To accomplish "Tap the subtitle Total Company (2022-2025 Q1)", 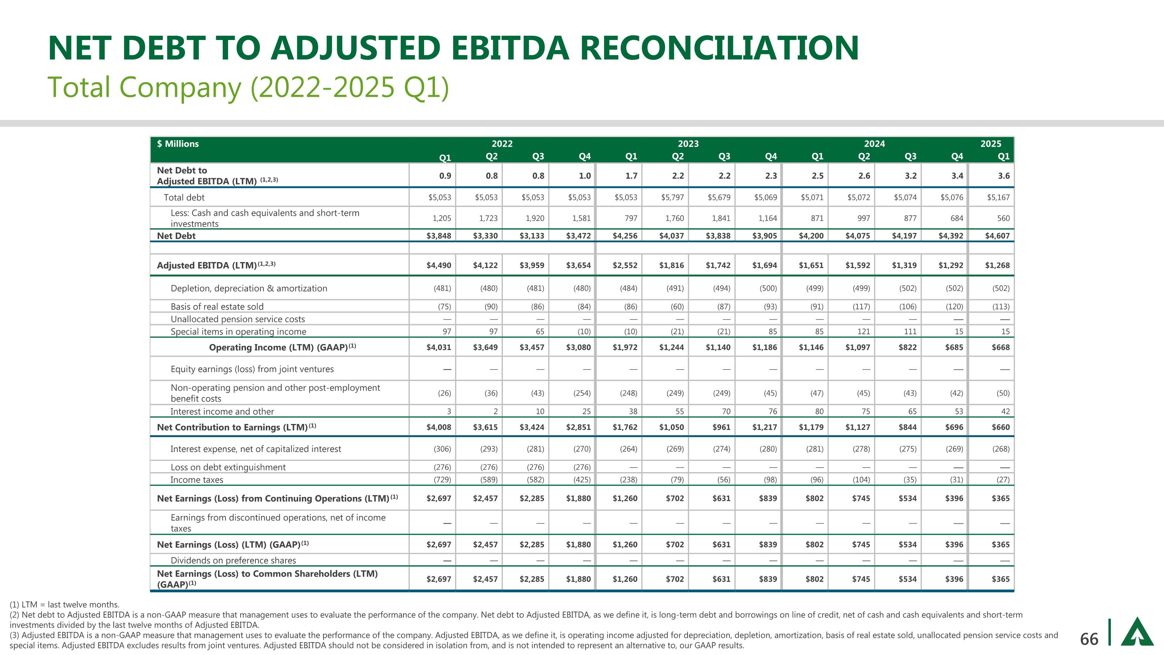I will [248, 87].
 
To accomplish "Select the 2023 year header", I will [688, 144].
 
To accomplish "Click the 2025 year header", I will [991, 144].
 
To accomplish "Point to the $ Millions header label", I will [178, 144].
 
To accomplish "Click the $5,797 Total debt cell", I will [672, 198].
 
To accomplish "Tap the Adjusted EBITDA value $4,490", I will [438, 265].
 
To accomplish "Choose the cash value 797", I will [630, 218].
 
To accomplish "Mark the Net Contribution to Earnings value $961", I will [721, 427].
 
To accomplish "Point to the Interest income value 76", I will [772, 411].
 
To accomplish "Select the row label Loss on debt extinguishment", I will [228, 467].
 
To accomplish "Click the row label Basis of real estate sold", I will [217, 306].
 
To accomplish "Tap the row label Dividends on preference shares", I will [233, 561].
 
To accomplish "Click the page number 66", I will [1089, 639].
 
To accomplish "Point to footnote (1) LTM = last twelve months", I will [65, 605].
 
